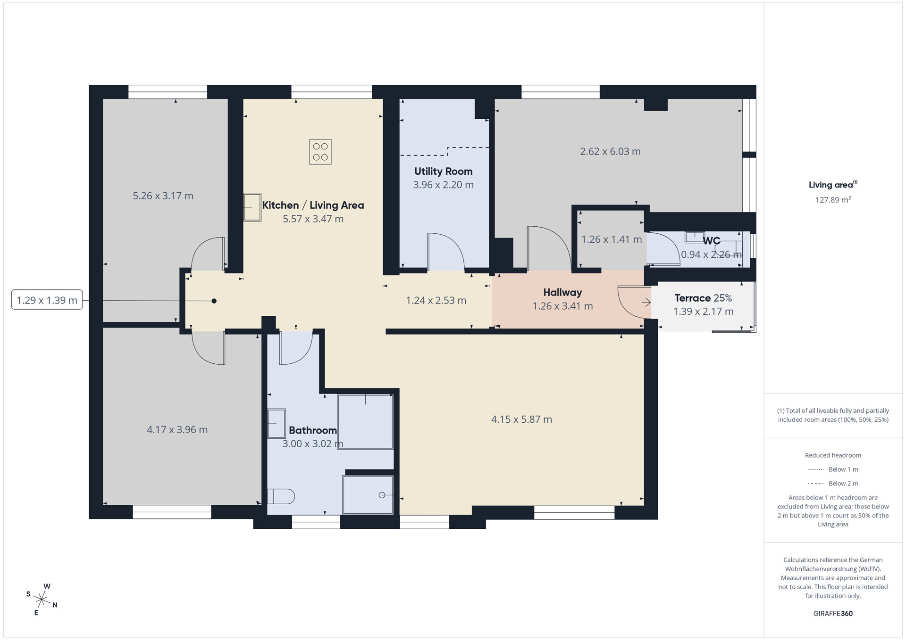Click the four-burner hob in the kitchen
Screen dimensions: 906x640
[320, 152]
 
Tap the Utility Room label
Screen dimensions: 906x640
[443, 172]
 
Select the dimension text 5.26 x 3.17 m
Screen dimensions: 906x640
[163, 196]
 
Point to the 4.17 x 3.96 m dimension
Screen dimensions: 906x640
[177, 430]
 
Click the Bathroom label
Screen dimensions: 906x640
[312, 430]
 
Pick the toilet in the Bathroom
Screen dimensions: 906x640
[281, 496]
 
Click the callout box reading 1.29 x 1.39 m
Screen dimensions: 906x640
[47, 300]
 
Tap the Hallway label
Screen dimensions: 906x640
[562, 293]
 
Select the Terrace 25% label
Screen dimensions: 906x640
[703, 298]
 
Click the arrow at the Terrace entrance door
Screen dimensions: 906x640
[646, 303]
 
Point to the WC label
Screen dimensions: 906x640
[712, 241]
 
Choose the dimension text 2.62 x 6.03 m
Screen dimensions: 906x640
[610, 152]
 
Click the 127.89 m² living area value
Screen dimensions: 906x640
[833, 200]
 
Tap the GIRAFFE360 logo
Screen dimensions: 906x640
[833, 614]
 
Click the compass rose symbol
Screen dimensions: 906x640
[42, 599]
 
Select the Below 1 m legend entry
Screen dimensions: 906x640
[833, 469]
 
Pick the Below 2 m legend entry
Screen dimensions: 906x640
[833, 484]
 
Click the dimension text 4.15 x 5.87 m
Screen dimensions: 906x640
[521, 419]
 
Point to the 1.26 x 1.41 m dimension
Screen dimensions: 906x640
[612, 239]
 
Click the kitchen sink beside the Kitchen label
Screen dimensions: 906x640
[252, 207]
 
